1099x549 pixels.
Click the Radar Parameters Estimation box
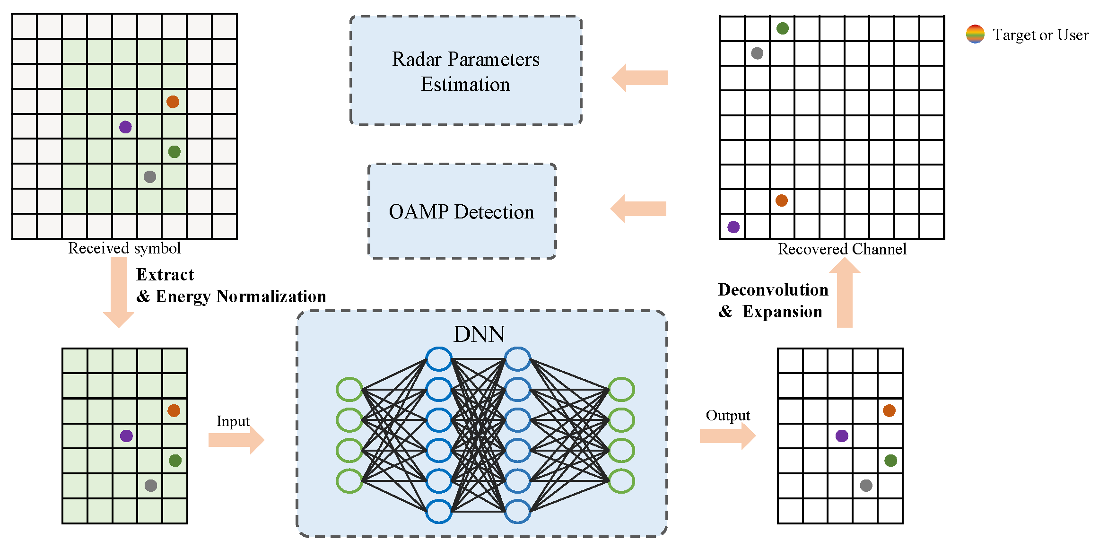click(465, 71)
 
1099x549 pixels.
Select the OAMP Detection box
click(462, 211)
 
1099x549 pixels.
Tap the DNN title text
click(479, 334)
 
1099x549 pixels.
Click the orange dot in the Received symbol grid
click(173, 102)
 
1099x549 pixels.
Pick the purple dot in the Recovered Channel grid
click(733, 227)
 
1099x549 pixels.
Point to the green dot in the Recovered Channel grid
click(783, 28)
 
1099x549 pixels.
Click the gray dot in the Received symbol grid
click(150, 177)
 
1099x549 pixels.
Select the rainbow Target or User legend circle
click(975, 34)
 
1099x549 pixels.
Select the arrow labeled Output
click(727, 436)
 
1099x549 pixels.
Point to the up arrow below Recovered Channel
click(845, 293)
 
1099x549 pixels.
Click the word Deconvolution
click(773, 289)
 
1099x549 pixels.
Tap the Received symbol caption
click(124, 248)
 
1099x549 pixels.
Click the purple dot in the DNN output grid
click(842, 436)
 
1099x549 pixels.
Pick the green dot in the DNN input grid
click(175, 461)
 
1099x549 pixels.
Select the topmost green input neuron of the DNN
click(349, 390)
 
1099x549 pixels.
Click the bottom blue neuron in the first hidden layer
click(438, 511)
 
